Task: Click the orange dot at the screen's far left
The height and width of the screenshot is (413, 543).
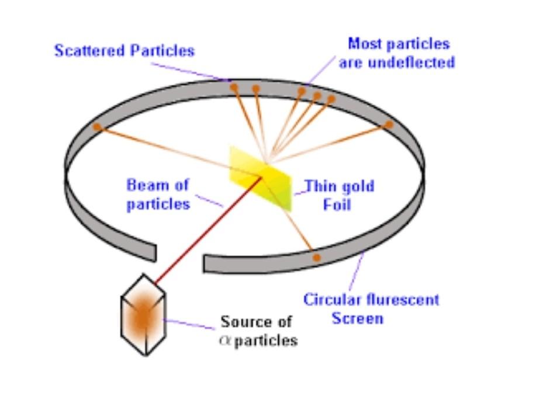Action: tap(97, 127)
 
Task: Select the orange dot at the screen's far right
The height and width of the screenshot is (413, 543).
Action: tap(388, 124)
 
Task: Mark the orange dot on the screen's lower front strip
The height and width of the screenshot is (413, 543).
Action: tap(316, 257)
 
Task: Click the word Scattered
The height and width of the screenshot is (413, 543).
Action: tap(90, 51)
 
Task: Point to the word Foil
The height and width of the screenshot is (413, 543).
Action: tap(337, 205)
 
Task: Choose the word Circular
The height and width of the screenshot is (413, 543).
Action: tap(331, 300)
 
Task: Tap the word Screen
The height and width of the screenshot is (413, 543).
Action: tap(357, 318)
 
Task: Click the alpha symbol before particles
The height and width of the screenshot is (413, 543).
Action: tap(225, 340)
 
